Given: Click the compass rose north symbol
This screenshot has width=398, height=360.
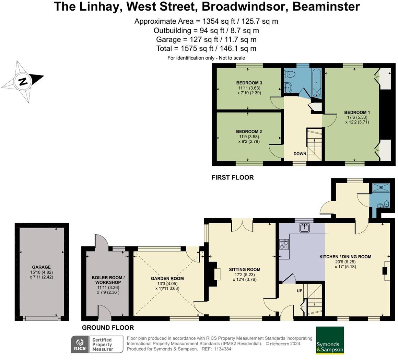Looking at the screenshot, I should click(x=23, y=82).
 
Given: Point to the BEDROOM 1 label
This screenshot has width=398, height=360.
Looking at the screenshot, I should click(x=357, y=113).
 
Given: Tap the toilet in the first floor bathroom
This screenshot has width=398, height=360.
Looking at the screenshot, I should click(x=290, y=73).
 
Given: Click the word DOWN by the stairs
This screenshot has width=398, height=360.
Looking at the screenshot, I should click(x=300, y=154).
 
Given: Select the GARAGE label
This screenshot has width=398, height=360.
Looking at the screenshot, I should click(x=41, y=267).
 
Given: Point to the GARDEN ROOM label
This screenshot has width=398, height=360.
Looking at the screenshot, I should click(x=167, y=279).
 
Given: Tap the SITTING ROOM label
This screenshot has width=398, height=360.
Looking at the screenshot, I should click(x=245, y=270).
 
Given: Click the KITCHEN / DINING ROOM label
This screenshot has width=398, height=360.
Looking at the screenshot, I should click(x=345, y=257).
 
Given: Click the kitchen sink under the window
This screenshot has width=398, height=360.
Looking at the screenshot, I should click(x=304, y=227).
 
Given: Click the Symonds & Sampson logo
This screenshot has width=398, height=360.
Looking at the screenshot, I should click(x=330, y=340).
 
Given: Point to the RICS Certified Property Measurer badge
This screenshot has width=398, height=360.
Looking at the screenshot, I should click(x=97, y=344).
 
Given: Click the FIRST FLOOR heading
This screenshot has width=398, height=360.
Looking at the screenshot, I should click(x=233, y=177).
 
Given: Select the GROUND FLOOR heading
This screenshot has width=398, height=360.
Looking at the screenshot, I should click(x=108, y=328).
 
